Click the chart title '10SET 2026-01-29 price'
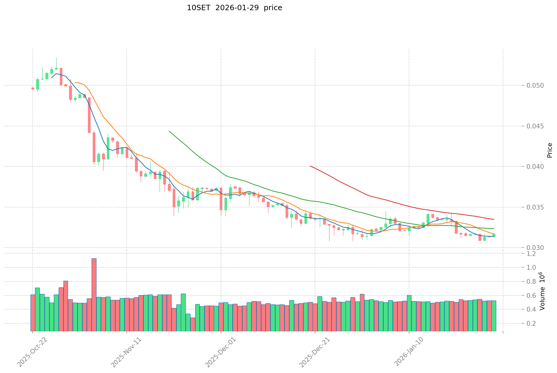tap(234, 8)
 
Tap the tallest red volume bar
tap(94, 295)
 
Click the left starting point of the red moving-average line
tap(310, 166)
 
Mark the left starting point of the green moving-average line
tap(169, 131)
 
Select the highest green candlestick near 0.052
tap(56, 69)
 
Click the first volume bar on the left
tap(33, 313)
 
